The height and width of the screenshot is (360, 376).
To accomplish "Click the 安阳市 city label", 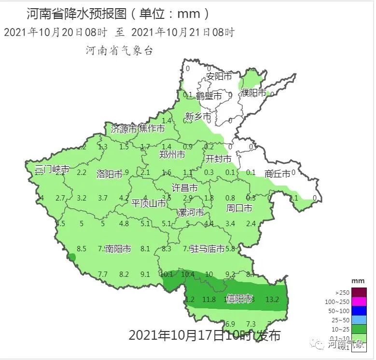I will point(219,76).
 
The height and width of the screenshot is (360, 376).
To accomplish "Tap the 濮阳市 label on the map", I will point(253,93).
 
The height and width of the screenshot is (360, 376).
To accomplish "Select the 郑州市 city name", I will point(172,155).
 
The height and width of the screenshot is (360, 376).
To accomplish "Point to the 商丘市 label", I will point(278,174).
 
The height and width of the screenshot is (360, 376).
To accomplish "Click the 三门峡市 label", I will point(52,169).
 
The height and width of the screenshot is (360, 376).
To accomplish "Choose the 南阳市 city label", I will point(118,249).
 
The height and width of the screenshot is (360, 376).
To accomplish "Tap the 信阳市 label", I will point(239,299).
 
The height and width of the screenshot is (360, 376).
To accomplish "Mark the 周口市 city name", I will point(239,209).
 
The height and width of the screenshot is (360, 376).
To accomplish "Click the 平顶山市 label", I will point(149,204).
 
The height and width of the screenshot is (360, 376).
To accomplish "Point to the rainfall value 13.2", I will point(272,300).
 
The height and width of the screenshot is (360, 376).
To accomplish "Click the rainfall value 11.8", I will point(209,300).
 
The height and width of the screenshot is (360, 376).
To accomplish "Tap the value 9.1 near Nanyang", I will point(145,274).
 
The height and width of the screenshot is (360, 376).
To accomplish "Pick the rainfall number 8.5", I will point(81,249).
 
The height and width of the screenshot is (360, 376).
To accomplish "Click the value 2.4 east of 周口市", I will point(251,224).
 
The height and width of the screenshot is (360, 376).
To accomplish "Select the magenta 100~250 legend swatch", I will point(359,302).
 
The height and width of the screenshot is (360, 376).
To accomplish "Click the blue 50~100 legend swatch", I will point(359,311).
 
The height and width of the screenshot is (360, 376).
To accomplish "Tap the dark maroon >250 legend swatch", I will point(359,293).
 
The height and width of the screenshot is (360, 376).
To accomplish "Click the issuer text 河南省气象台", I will point(119,51).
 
